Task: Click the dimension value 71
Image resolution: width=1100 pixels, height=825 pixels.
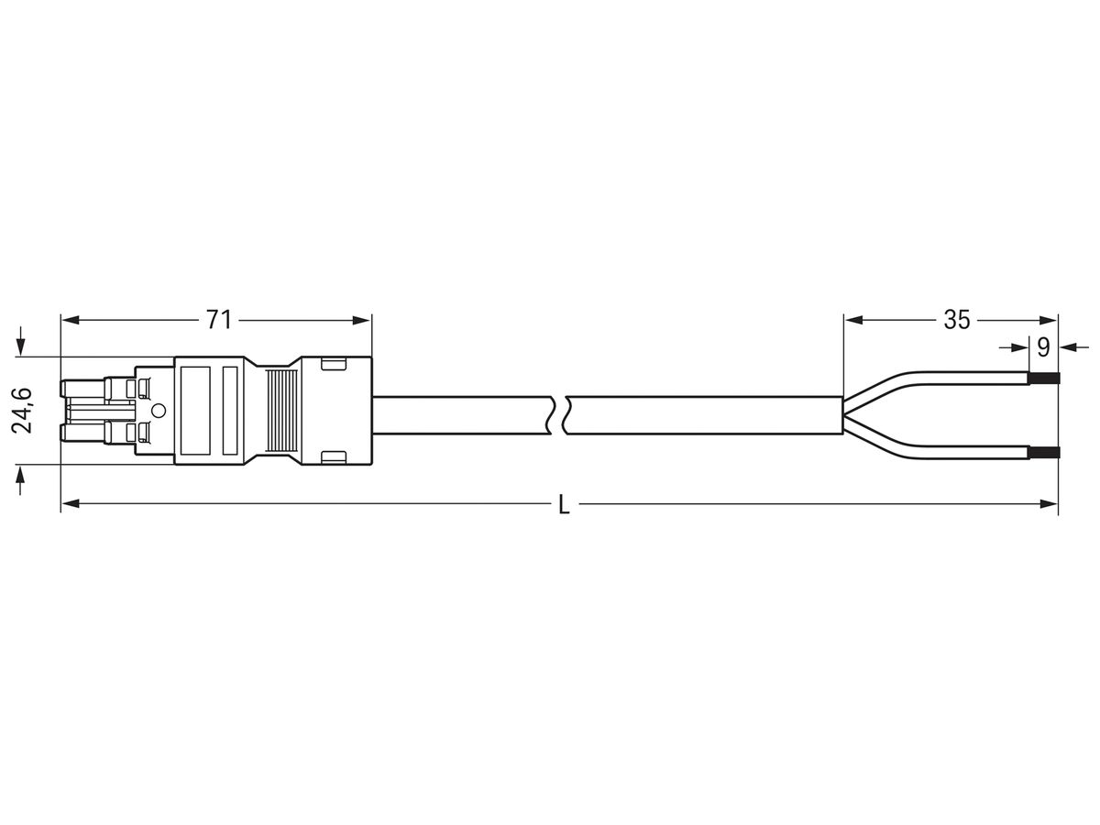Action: pyautogui.click(x=219, y=320)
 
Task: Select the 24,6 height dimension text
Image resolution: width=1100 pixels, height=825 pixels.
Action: pyautogui.click(x=23, y=411)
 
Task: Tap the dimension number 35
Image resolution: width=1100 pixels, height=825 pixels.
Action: pyautogui.click(x=957, y=320)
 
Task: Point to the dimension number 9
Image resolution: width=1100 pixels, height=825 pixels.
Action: pyautogui.click(x=1043, y=347)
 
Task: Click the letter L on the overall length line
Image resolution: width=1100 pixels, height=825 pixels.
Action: pyautogui.click(x=565, y=504)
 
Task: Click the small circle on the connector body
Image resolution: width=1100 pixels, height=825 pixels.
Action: pyautogui.click(x=159, y=411)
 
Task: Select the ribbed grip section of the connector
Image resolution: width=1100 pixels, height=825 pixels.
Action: pyautogui.click(x=282, y=411)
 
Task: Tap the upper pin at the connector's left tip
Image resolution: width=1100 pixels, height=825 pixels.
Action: pyautogui.click(x=83, y=389)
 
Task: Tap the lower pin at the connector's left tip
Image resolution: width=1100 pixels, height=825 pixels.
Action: pyautogui.click(x=83, y=434)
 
